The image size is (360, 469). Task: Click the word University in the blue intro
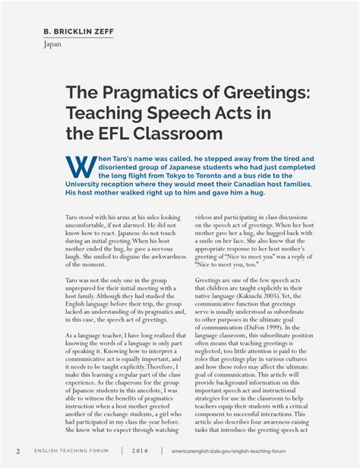click(88, 184)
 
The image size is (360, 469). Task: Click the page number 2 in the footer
click(18, 451)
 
